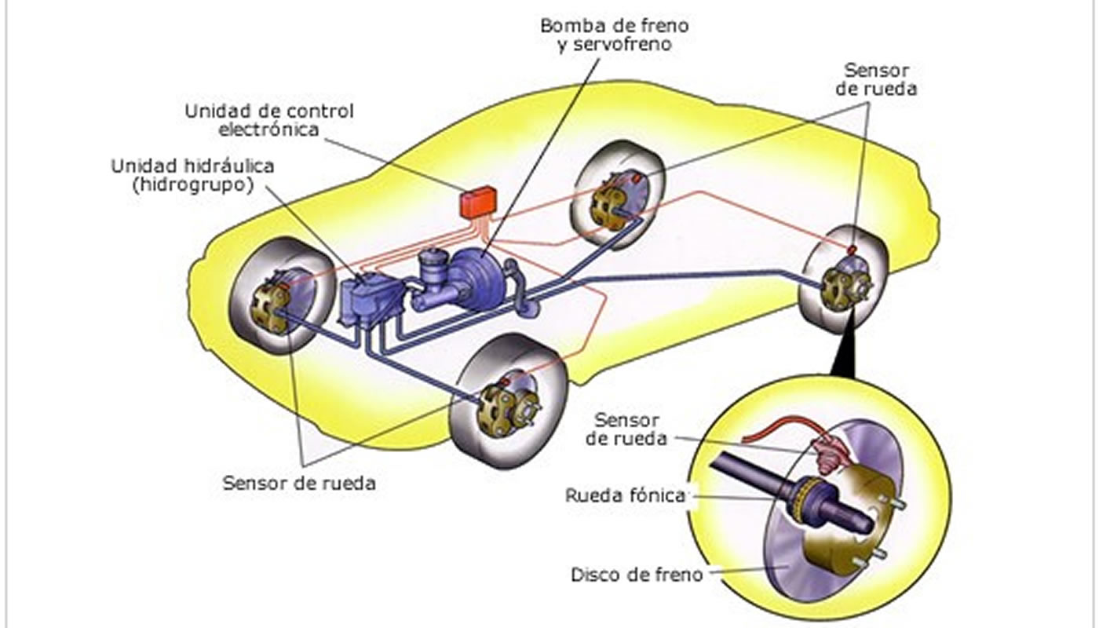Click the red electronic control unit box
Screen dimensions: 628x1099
point(476,202)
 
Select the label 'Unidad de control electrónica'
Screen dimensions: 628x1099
point(269,120)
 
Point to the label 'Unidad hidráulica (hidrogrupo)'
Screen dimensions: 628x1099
point(192,175)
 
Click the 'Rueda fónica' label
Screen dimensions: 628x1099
point(625,495)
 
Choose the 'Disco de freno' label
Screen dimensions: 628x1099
point(637,574)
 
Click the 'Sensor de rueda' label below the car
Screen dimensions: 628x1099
point(299,482)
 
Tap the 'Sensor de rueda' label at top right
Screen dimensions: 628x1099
point(876,79)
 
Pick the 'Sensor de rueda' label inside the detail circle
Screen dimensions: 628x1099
point(626,429)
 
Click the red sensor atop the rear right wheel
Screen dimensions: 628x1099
point(851,249)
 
